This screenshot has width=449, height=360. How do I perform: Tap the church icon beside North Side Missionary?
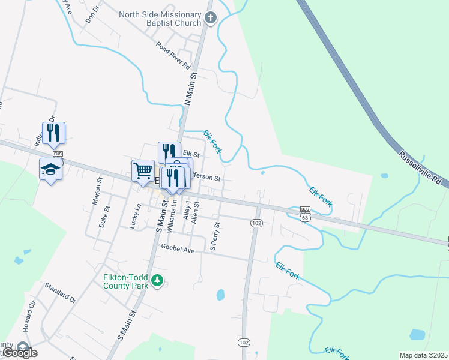[x=210, y=18]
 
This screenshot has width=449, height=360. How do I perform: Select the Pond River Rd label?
[x=173, y=55]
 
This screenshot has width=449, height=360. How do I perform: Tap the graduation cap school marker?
[x=50, y=170]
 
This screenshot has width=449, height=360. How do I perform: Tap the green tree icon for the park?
[x=157, y=280]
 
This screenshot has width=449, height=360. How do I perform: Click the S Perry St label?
[x=214, y=236]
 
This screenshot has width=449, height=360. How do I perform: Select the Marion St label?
[x=96, y=191]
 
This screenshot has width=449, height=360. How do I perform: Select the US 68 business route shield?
[x=305, y=213]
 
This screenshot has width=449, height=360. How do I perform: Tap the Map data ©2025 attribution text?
[x=423, y=355]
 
